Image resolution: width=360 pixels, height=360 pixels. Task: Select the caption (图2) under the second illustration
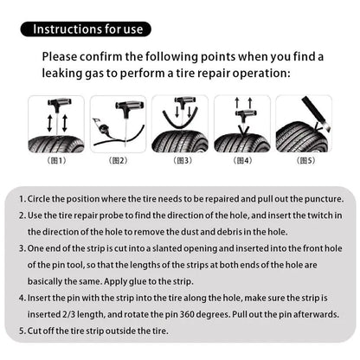119,160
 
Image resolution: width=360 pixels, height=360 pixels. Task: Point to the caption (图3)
181,160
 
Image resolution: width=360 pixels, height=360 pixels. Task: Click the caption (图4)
243,160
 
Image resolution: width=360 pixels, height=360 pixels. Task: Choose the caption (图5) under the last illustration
305,160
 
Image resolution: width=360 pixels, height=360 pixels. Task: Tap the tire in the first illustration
56,143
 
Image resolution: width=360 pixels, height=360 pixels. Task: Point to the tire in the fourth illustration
243,142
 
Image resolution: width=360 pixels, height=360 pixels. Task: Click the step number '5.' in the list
21,331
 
